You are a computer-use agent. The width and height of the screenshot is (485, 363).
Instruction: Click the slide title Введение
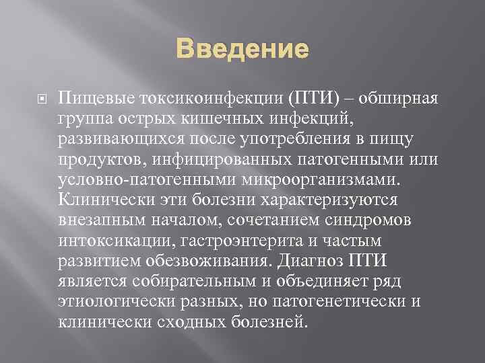coord(243,50)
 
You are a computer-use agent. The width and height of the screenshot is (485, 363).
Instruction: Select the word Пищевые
coord(97,100)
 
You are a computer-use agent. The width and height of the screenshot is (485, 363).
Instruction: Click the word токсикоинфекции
coord(212,100)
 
